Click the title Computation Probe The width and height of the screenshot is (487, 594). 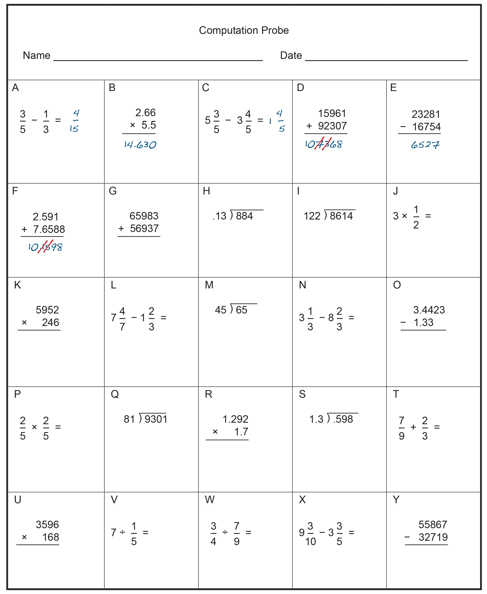click(x=243, y=30)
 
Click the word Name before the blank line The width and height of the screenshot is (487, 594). click(x=36, y=56)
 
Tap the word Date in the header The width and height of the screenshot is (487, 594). click(x=291, y=56)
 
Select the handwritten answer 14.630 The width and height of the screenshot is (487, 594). click(x=140, y=145)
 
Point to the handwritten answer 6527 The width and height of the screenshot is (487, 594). click(x=425, y=145)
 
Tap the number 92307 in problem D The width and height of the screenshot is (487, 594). click(x=332, y=126)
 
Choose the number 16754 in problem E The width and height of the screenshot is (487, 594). click(x=426, y=127)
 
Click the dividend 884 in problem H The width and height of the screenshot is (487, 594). click(x=244, y=216)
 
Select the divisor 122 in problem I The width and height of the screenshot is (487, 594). click(x=312, y=216)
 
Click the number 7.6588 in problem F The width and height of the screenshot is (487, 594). click(x=49, y=229)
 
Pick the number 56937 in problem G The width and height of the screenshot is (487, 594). click(x=144, y=228)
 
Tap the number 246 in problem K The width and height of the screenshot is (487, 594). click(x=51, y=322)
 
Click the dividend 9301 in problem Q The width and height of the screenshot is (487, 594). click(x=156, y=419)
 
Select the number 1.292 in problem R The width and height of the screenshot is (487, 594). click(x=235, y=419)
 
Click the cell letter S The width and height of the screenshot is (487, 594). click(x=302, y=394)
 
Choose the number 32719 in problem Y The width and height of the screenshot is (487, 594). click(x=433, y=537)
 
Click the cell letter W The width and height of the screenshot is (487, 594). click(x=210, y=500)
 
